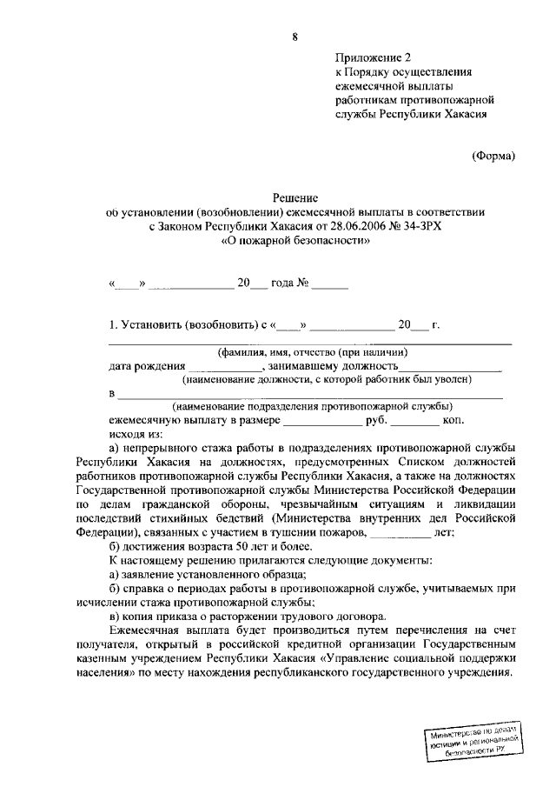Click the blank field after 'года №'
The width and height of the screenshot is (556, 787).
coord(330,283)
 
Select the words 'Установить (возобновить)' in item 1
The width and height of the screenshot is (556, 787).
coord(183,324)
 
